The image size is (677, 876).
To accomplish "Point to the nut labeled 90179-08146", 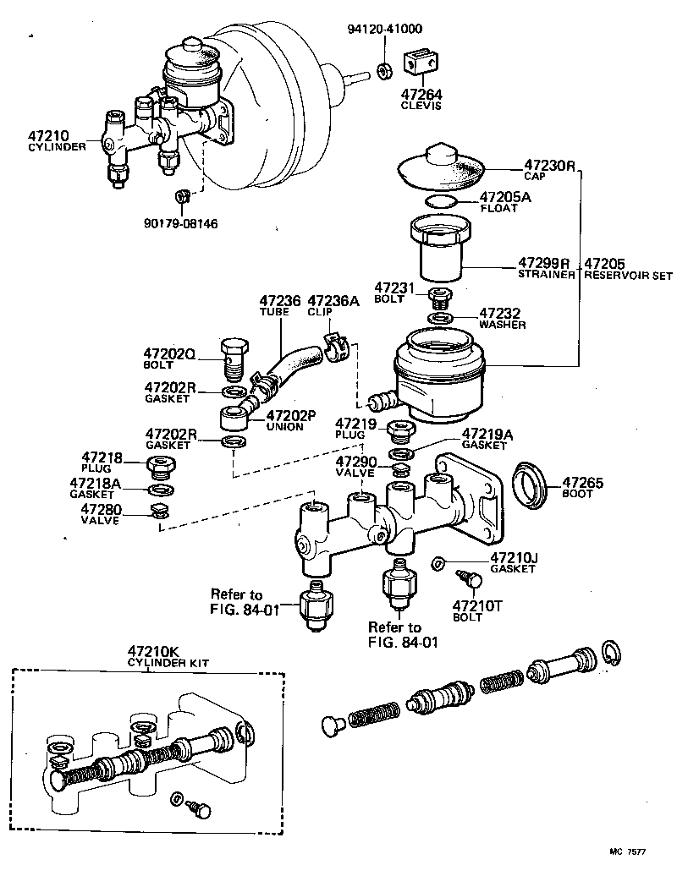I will pos(180,197).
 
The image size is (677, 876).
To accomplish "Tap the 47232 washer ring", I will pos(440,318).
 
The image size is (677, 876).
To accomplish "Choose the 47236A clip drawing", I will pos(338,344).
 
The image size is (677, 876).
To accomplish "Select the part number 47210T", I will pos(478,605).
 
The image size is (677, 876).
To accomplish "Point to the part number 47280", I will pos(102,509).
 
